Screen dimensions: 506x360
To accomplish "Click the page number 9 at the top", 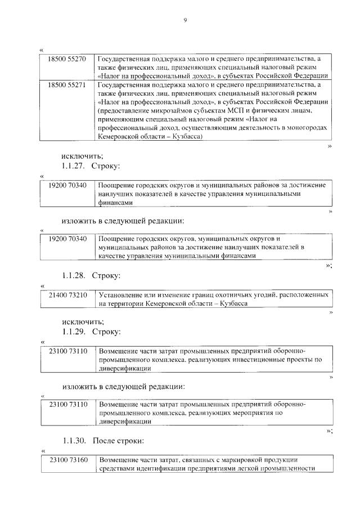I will tap(184, 21).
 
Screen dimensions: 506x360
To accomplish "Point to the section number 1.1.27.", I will tap(73, 166).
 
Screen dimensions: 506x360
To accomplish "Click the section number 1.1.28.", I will tap(73, 275).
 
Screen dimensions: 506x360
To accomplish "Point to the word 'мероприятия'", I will tap(245, 413).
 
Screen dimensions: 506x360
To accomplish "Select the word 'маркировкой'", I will tap(222, 460).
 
